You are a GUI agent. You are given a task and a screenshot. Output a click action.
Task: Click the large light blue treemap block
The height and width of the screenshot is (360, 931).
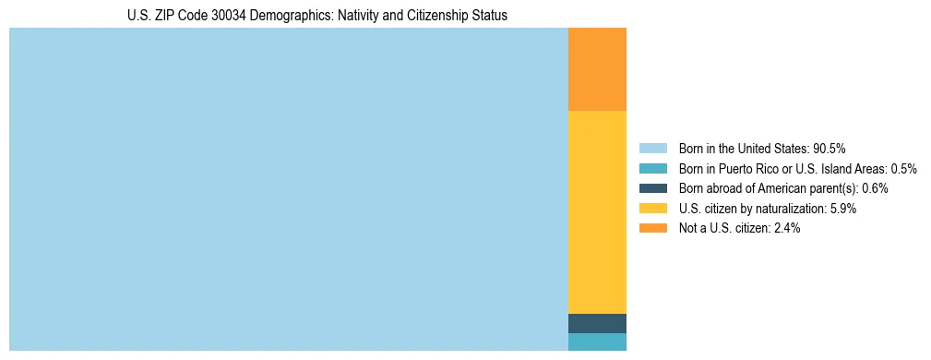[x=288, y=189]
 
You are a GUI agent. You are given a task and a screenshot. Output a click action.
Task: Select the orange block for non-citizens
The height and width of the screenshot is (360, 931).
[x=597, y=69]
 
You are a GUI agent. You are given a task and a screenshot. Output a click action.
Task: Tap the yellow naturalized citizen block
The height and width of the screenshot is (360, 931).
[x=597, y=211]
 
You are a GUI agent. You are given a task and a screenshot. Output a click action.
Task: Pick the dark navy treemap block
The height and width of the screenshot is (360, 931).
[x=597, y=323]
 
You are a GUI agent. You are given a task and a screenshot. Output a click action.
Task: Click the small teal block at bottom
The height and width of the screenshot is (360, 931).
[x=597, y=342]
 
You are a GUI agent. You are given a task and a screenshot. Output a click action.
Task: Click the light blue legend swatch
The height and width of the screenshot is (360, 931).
[x=652, y=148]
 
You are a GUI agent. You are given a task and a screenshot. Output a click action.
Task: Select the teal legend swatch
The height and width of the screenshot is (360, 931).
[x=652, y=168]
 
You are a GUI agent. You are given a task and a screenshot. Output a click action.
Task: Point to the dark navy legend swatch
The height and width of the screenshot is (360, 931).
[x=652, y=188]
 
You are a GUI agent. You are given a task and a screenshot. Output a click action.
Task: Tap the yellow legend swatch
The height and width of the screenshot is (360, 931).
[x=652, y=209]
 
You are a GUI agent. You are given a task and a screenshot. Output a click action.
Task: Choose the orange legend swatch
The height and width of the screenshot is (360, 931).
[x=652, y=228]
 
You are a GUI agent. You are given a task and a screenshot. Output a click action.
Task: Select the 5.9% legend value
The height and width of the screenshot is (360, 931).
[x=843, y=209]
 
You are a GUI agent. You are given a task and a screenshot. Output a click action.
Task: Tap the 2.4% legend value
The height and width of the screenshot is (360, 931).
[x=786, y=228]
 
